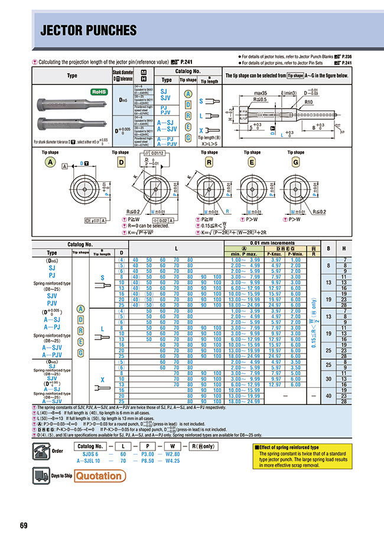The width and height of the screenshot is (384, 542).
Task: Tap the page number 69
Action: [24, 525]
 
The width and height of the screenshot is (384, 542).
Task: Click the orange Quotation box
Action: [100, 475]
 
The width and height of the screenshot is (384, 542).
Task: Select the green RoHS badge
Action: [97, 93]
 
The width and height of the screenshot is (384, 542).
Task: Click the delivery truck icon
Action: [41, 475]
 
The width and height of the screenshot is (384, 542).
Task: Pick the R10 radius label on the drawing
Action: [308, 102]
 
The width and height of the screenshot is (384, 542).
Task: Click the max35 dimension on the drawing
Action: [262, 93]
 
